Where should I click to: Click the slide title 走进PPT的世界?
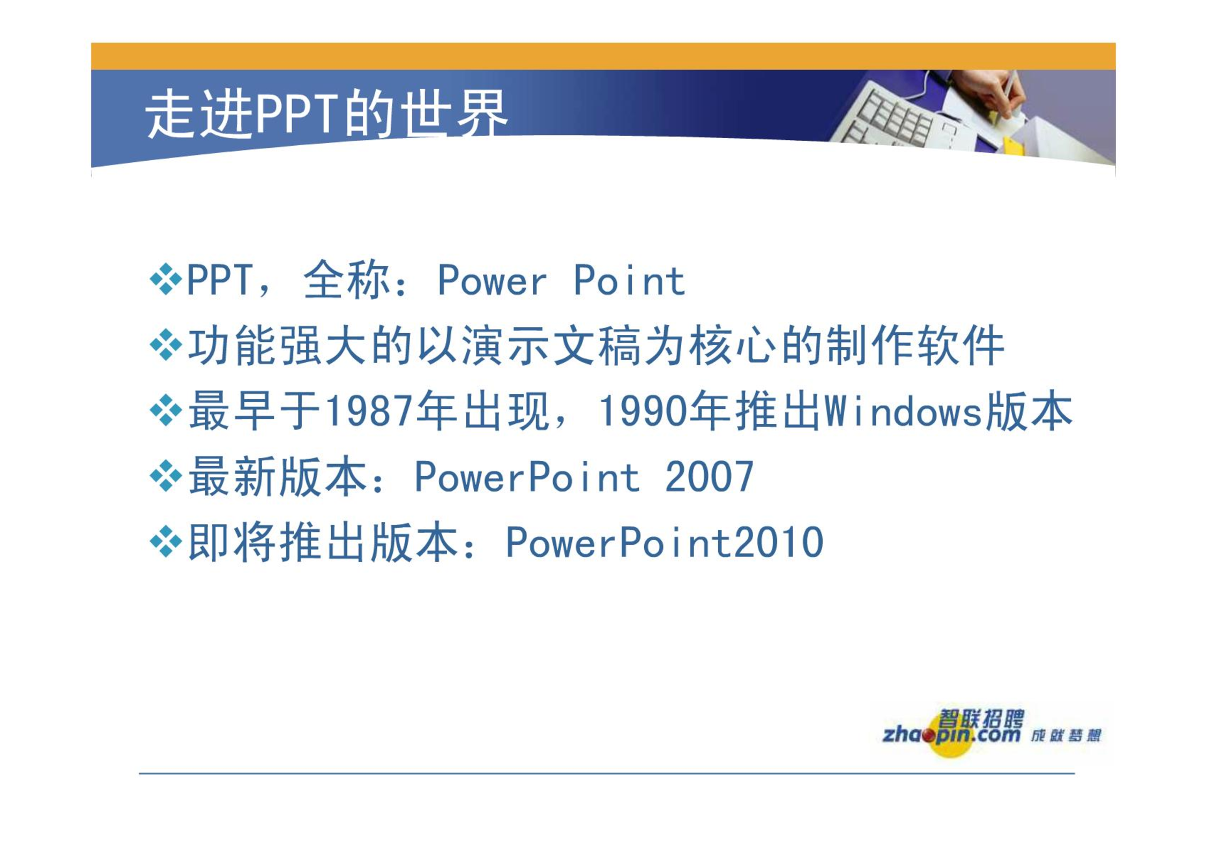pyautogui.click(x=326, y=114)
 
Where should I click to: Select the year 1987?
pyautogui.click(x=369, y=411)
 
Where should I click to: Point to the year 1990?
pyautogui.click(x=642, y=411)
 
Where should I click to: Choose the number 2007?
pyautogui.click(x=709, y=477)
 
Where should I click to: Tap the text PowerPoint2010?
pyautogui.click(x=665, y=543)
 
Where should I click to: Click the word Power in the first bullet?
pyautogui.click(x=492, y=280)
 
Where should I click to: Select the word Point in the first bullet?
pyautogui.click(x=629, y=280)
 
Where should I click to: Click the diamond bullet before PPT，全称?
pyautogui.click(x=166, y=279)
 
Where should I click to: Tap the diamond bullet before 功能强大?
pyautogui.click(x=166, y=345)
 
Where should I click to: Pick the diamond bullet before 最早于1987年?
pyautogui.click(x=166, y=411)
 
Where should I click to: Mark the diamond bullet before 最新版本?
pyautogui.click(x=166, y=476)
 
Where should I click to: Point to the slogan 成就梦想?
pyautogui.click(x=1066, y=736)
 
